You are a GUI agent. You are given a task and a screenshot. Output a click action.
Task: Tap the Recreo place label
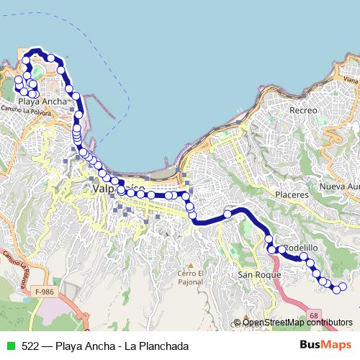(x=303, y=110)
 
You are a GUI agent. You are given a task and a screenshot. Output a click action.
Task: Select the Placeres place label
(x=292, y=194)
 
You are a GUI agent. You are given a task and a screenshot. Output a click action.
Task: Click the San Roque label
(x=253, y=275)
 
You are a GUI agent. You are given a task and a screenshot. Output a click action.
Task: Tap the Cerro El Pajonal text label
(x=191, y=277)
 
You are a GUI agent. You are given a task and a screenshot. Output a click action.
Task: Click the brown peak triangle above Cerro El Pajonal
(x=191, y=264)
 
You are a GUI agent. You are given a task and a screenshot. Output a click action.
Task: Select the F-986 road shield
(x=44, y=292)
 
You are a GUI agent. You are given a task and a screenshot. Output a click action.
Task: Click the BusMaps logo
(x=325, y=346)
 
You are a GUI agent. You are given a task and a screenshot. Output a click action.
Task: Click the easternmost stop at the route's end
(x=342, y=288)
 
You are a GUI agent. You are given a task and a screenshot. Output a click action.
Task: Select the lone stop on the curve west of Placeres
(x=228, y=213)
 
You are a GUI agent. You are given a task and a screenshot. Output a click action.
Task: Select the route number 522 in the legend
(x=30, y=346)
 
